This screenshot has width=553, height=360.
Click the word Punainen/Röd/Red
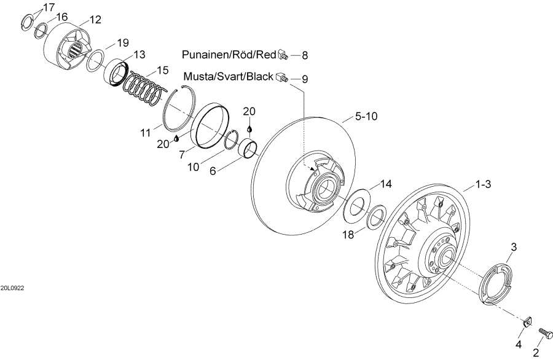tap(229, 55)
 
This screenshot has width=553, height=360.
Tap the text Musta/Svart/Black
tap(228, 77)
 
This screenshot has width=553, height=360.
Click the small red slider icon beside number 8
tap(283, 54)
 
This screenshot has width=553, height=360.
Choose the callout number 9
tap(305, 79)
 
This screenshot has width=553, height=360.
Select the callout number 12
tap(95, 20)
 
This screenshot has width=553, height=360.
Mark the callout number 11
tap(146, 131)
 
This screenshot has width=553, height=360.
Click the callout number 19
tap(123, 42)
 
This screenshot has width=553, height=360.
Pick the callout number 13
tap(139, 55)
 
